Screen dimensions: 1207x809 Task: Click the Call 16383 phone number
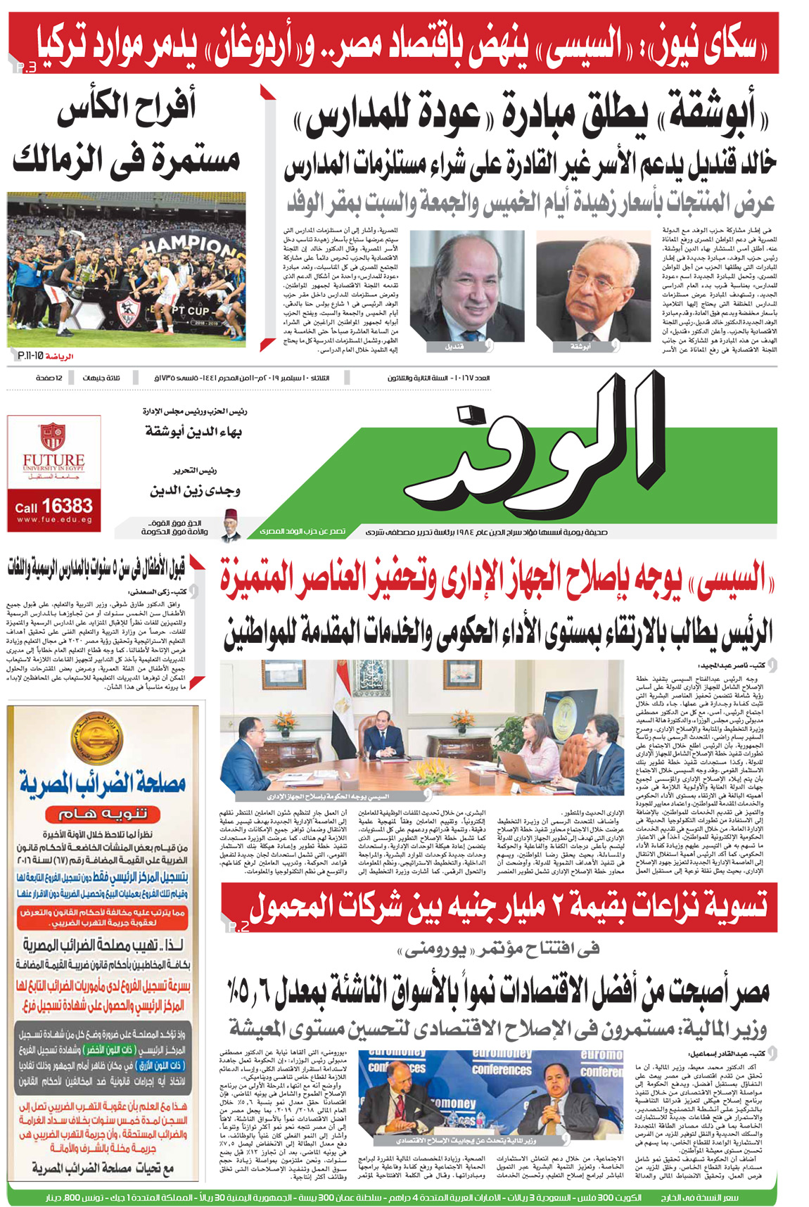point(54,506)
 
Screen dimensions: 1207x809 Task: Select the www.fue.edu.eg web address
point(54,520)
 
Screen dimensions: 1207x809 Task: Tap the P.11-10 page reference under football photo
point(30,357)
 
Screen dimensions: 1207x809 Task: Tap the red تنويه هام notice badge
point(103,813)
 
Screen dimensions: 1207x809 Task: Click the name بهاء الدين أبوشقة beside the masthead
point(193,430)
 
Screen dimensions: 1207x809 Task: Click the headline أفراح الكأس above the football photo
point(127,108)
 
